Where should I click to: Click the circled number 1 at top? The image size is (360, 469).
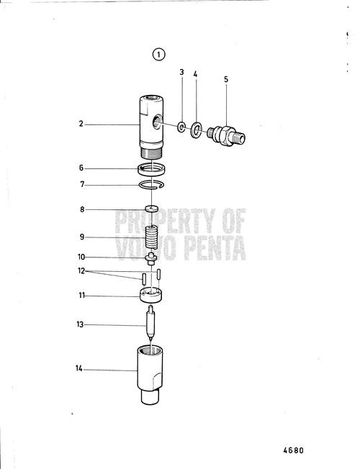click(158, 53)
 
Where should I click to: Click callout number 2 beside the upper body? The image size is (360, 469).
click(81, 124)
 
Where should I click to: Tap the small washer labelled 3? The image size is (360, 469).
click(181, 128)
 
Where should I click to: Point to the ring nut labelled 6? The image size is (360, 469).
click(153, 170)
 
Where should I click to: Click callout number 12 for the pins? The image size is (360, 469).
click(81, 271)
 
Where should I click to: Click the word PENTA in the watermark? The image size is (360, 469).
click(215, 252)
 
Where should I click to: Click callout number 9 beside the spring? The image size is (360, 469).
click(81, 237)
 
